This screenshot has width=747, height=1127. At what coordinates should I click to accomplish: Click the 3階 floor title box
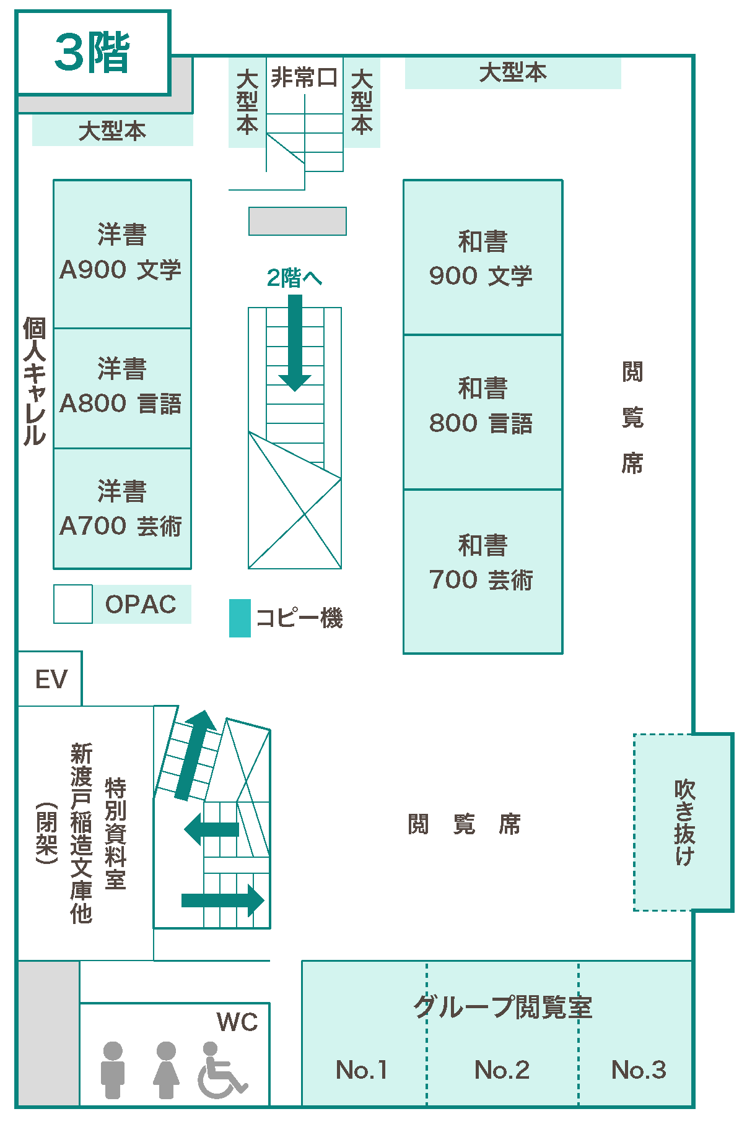click(x=93, y=53)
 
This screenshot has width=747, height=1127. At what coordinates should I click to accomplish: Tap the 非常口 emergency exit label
click(x=304, y=78)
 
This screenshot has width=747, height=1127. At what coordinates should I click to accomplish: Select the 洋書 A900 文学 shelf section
click(x=122, y=254)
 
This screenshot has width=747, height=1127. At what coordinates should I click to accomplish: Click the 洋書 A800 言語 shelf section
click(x=122, y=388)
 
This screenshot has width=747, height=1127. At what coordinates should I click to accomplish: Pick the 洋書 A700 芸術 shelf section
click(x=122, y=509)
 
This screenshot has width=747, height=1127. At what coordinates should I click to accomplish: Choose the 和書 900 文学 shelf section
click(x=483, y=257)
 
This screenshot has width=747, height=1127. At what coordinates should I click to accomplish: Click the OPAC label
click(x=141, y=605)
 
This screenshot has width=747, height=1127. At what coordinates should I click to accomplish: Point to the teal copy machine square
click(x=240, y=618)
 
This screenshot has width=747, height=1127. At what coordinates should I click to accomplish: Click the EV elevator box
click(x=50, y=679)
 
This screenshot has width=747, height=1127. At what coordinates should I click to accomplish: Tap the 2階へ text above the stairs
click(x=294, y=278)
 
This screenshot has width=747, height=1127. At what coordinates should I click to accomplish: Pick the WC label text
click(x=237, y=1022)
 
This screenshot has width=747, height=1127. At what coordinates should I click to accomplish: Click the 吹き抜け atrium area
click(x=684, y=822)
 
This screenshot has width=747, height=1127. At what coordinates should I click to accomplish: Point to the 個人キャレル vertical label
click(x=35, y=381)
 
